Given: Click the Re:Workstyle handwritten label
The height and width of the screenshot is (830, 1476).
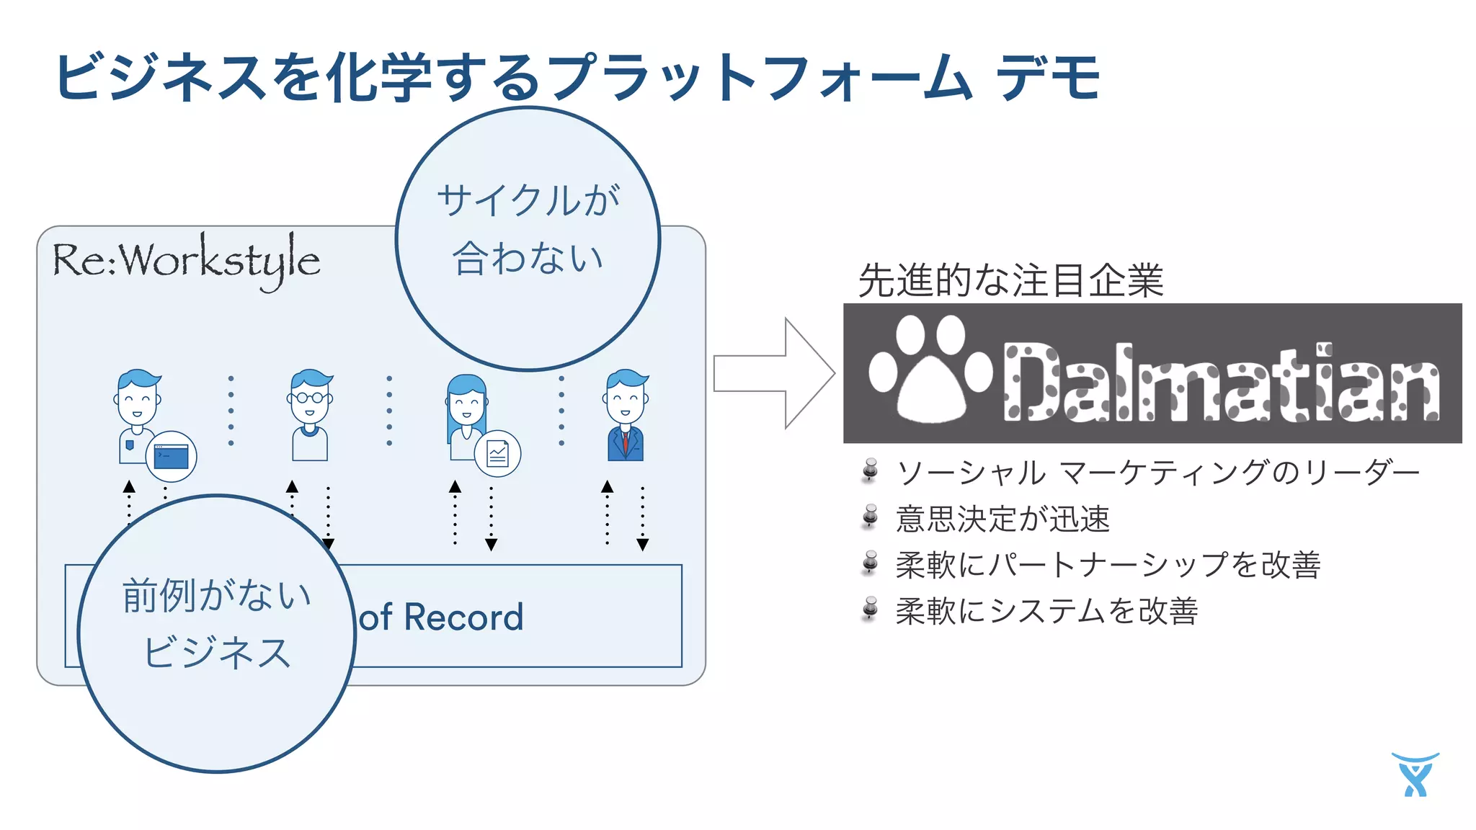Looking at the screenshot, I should pyautogui.click(x=186, y=261).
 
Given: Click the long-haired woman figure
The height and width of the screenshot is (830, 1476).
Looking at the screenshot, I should pyautogui.click(x=466, y=414).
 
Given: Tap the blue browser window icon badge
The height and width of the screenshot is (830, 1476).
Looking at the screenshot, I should pyautogui.click(x=172, y=456).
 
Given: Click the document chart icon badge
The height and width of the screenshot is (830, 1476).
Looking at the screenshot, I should pyautogui.click(x=497, y=453).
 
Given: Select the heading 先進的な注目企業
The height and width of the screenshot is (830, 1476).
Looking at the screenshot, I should pyautogui.click(x=1010, y=280).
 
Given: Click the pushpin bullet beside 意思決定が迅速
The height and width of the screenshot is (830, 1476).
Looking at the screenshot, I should pyautogui.click(x=871, y=517).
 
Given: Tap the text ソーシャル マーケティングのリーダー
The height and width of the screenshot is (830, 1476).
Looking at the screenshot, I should pyautogui.click(x=1157, y=473).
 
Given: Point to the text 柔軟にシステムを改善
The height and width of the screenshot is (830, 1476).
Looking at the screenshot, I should pyautogui.click(x=1046, y=611).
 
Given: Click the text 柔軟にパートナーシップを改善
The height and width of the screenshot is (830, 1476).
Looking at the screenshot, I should pyautogui.click(x=1108, y=565).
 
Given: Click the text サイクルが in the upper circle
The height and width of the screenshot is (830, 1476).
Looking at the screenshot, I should pyautogui.click(x=528, y=200).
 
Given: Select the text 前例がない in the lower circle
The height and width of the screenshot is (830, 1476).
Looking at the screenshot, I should pyautogui.click(x=216, y=596).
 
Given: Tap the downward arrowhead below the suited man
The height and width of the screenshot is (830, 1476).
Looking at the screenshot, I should pyautogui.click(x=643, y=545).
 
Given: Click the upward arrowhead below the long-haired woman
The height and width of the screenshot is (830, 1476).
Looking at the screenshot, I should pyautogui.click(x=455, y=487).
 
